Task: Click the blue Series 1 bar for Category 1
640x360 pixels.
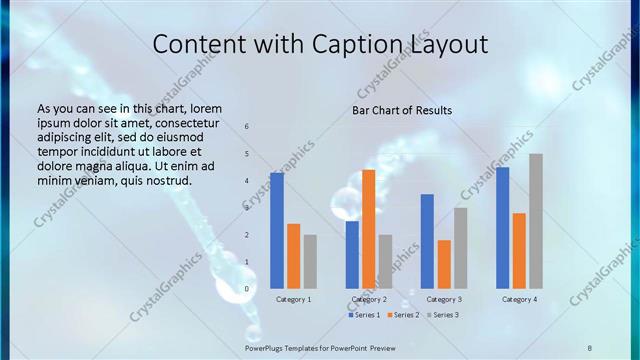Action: coord(276,231)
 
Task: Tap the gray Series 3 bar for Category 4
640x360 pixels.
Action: coord(536,221)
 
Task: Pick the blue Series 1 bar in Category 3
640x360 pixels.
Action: coord(427,241)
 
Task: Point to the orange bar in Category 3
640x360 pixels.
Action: coord(444,264)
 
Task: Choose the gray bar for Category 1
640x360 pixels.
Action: coord(310,262)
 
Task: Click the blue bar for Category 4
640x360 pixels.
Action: coord(502,228)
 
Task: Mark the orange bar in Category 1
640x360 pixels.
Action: coord(293,256)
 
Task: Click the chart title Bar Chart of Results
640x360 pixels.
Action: coord(402,110)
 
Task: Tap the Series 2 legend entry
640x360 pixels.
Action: coord(404,315)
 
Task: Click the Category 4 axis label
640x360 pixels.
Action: coord(519,299)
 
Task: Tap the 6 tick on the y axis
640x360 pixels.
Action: coord(246,126)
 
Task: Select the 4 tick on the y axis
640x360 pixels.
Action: coord(246,181)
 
